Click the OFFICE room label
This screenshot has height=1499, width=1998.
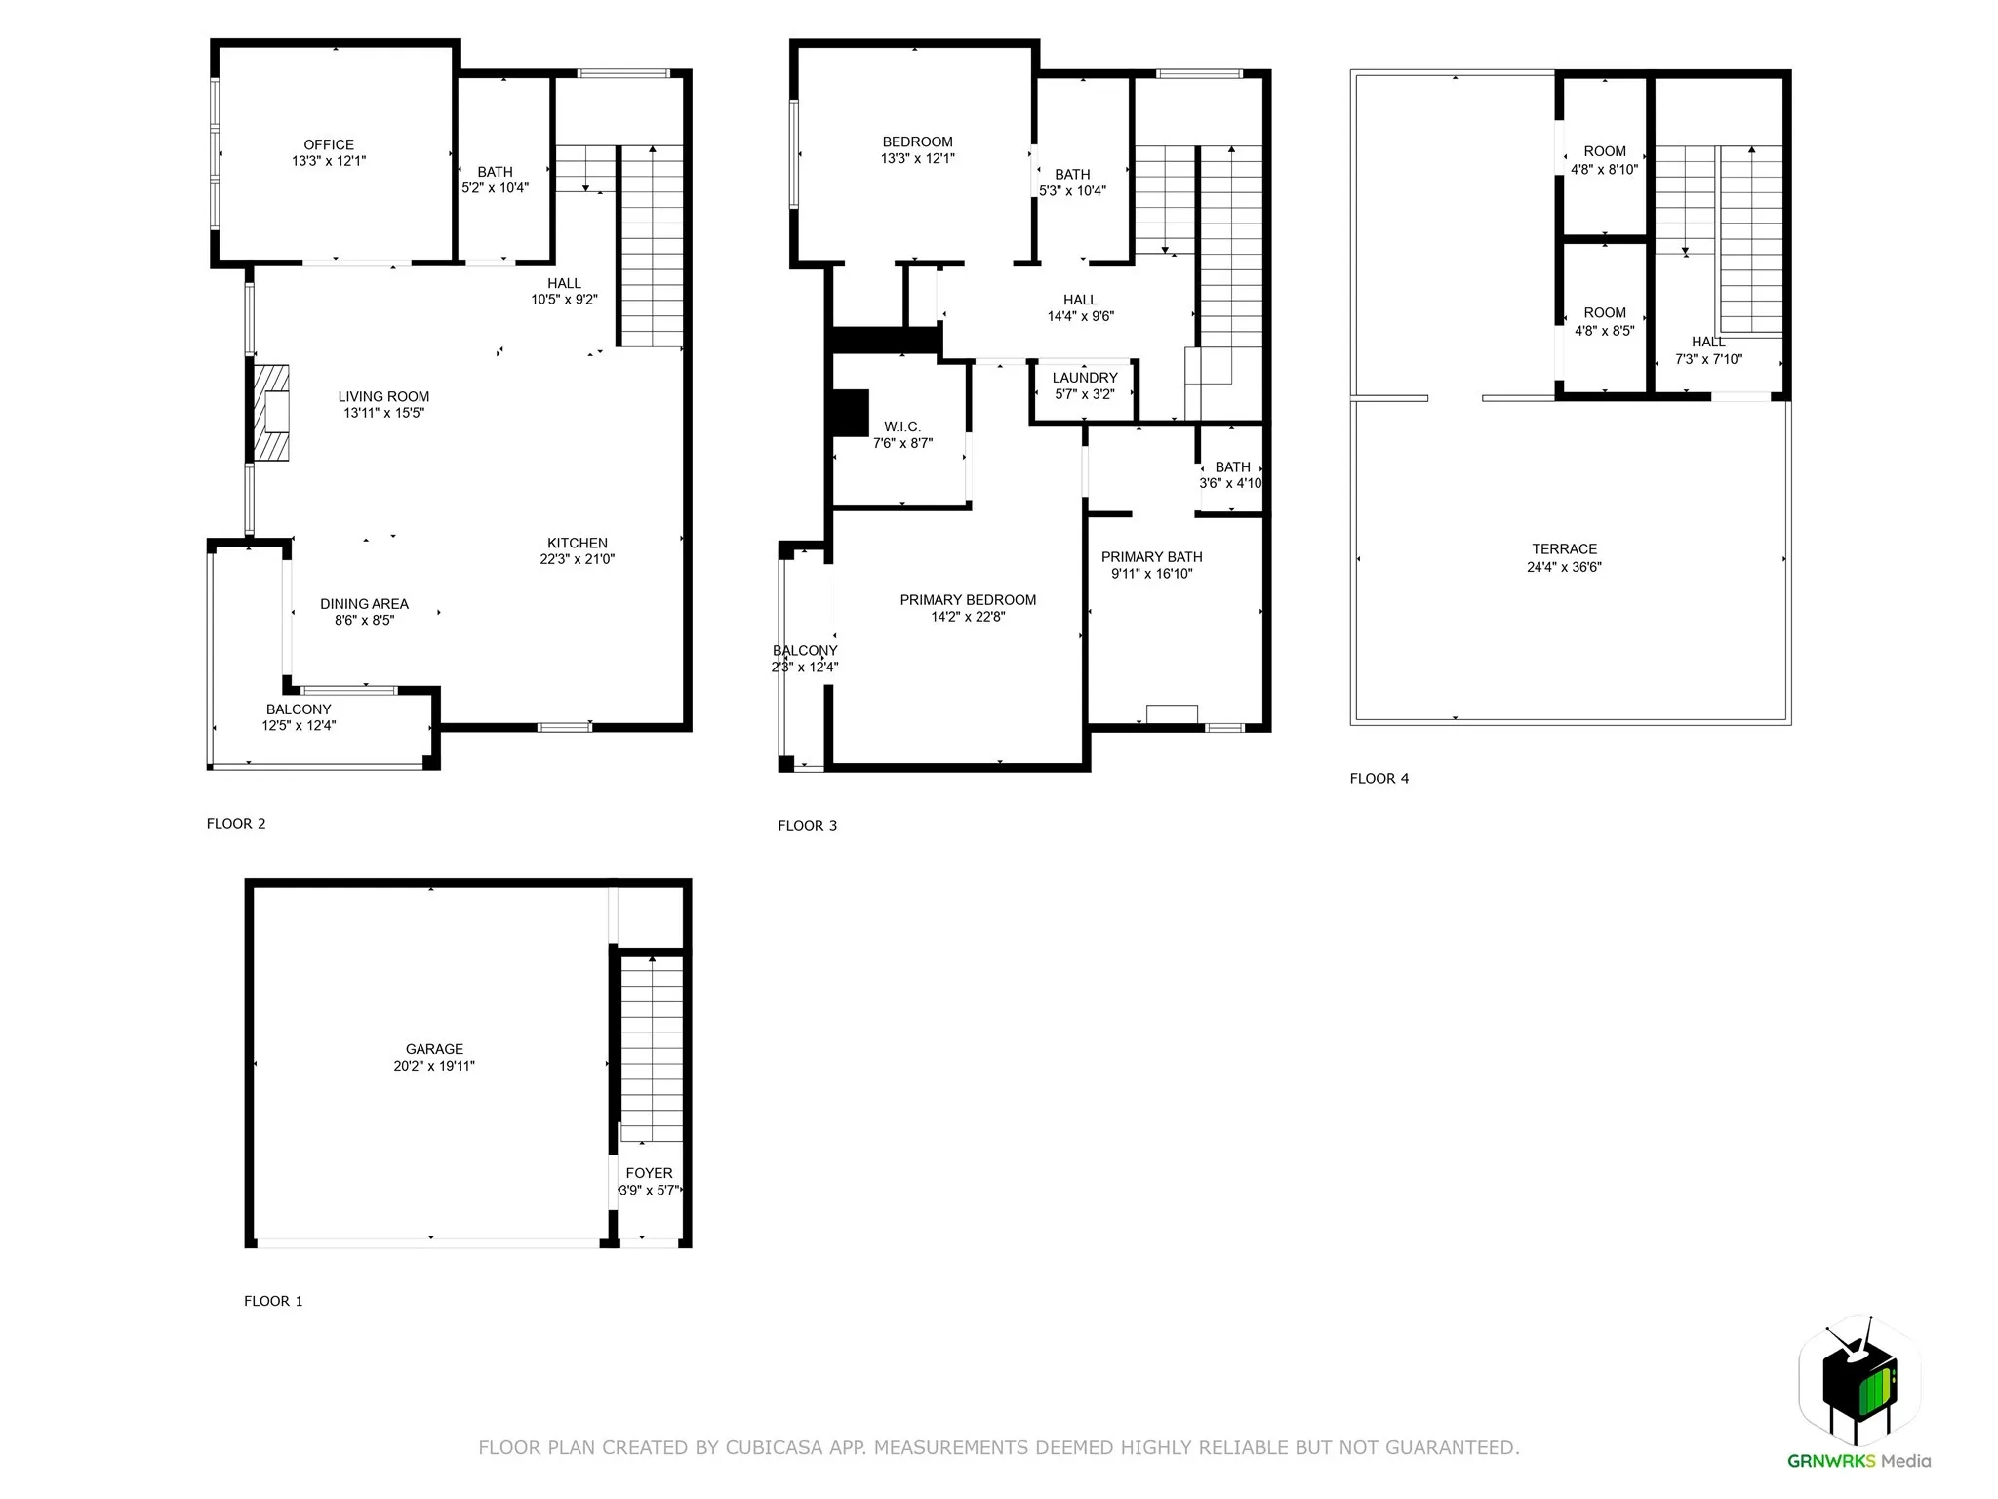(329, 144)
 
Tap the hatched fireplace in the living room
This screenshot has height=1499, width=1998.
(271, 412)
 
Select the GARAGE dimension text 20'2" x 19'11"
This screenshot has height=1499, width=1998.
(434, 1066)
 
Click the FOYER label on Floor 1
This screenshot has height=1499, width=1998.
(649, 1173)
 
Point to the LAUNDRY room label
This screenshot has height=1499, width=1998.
(1085, 378)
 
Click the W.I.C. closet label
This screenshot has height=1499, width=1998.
(901, 426)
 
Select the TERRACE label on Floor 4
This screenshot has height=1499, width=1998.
(1564, 549)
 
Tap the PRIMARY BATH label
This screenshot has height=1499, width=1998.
(1151, 557)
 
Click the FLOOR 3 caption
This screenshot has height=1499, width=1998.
(807, 826)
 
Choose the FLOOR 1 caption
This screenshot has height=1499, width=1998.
(273, 1301)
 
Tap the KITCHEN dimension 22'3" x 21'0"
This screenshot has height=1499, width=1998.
(578, 559)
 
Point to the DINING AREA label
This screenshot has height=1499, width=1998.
(364, 604)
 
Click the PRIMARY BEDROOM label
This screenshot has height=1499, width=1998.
(968, 600)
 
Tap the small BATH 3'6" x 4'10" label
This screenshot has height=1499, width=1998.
(1232, 467)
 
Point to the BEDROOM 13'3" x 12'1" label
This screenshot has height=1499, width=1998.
(917, 142)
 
